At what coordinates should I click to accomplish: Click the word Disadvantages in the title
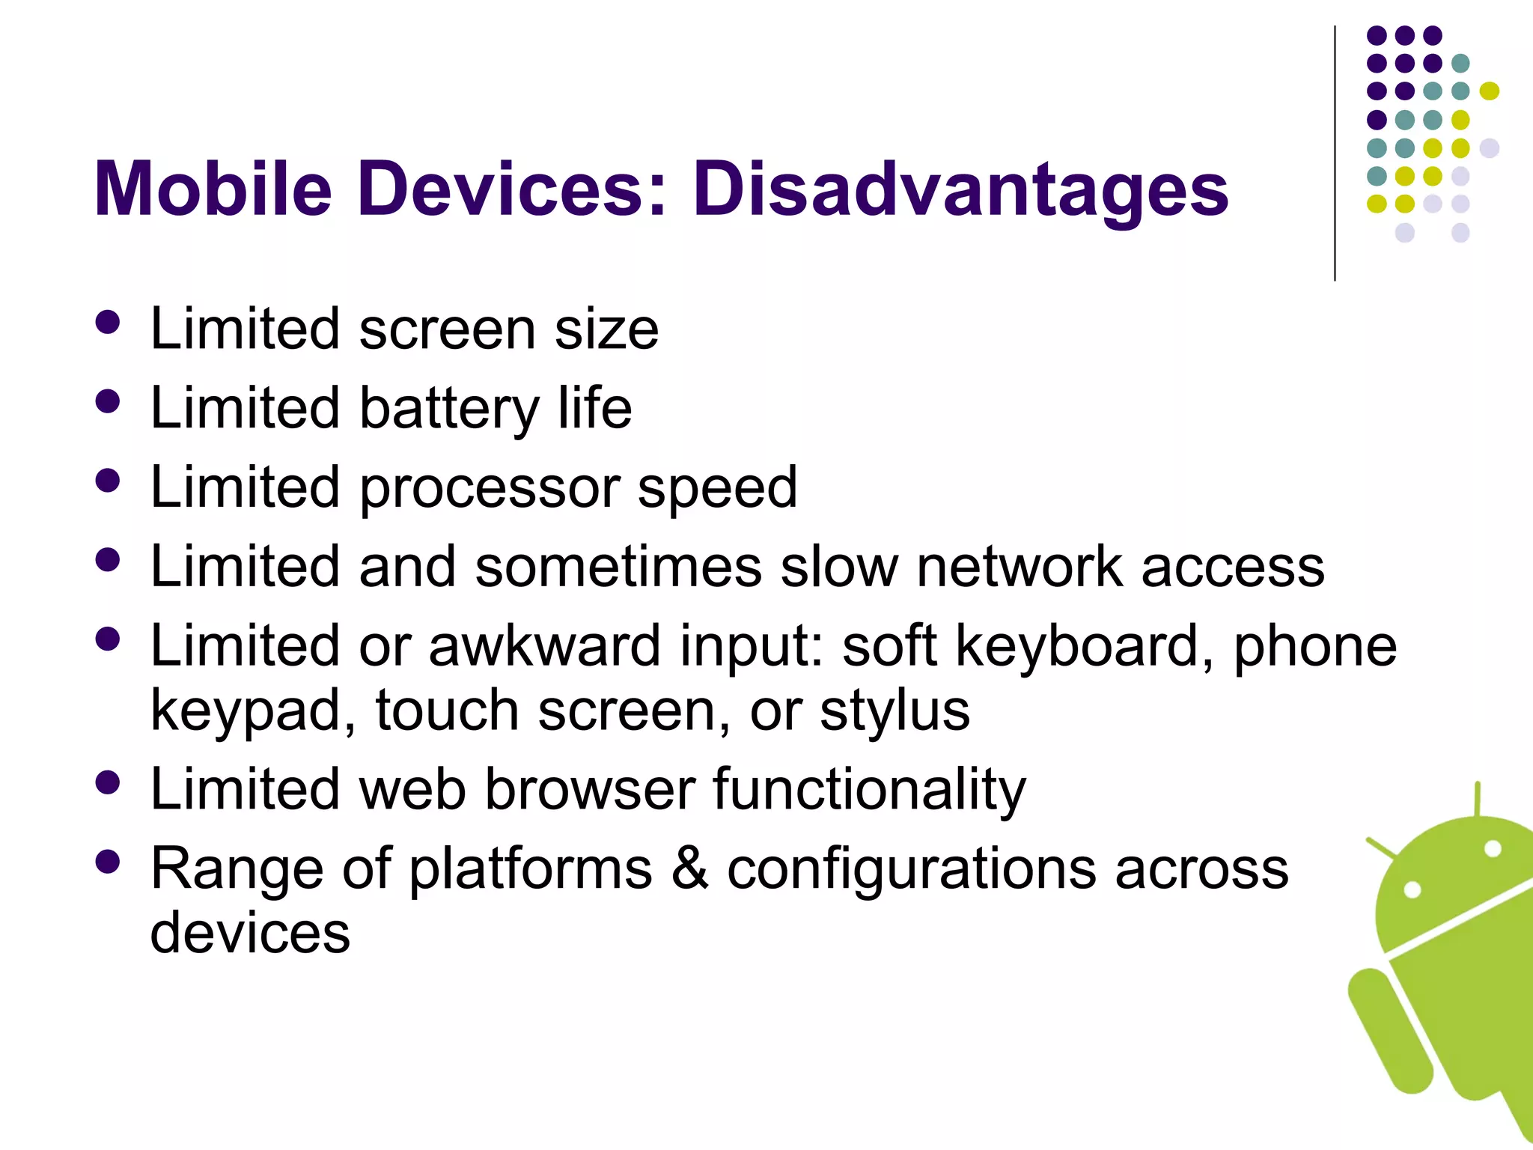[960, 189]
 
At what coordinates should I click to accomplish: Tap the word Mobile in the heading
[213, 189]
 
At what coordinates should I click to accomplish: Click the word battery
[449, 409]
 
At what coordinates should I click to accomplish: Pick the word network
[1020, 567]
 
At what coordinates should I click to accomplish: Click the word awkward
[544, 645]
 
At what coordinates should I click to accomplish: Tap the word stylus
[894, 710]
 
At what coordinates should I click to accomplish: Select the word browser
[590, 789]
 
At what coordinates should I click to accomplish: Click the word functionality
[869, 789]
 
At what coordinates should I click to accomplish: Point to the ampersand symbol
[689, 868]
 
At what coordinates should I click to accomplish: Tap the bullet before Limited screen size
[108, 322]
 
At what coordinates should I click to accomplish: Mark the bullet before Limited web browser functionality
[108, 782]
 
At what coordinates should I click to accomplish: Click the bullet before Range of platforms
[108, 862]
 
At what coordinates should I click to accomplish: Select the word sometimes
[618, 567]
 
